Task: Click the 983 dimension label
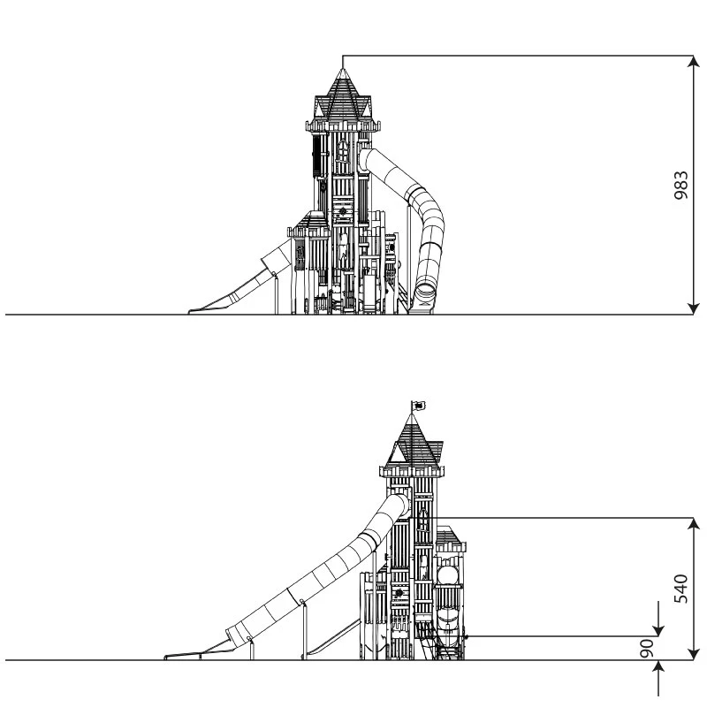tap(680, 185)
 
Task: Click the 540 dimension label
tap(680, 589)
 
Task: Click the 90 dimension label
tap(648, 648)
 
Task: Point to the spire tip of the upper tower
tap(343, 69)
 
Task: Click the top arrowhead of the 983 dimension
tap(694, 61)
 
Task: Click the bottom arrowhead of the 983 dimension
tap(694, 308)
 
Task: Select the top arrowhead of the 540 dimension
tap(694, 524)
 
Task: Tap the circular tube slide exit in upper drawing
tap(425, 290)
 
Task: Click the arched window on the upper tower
tap(343, 150)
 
